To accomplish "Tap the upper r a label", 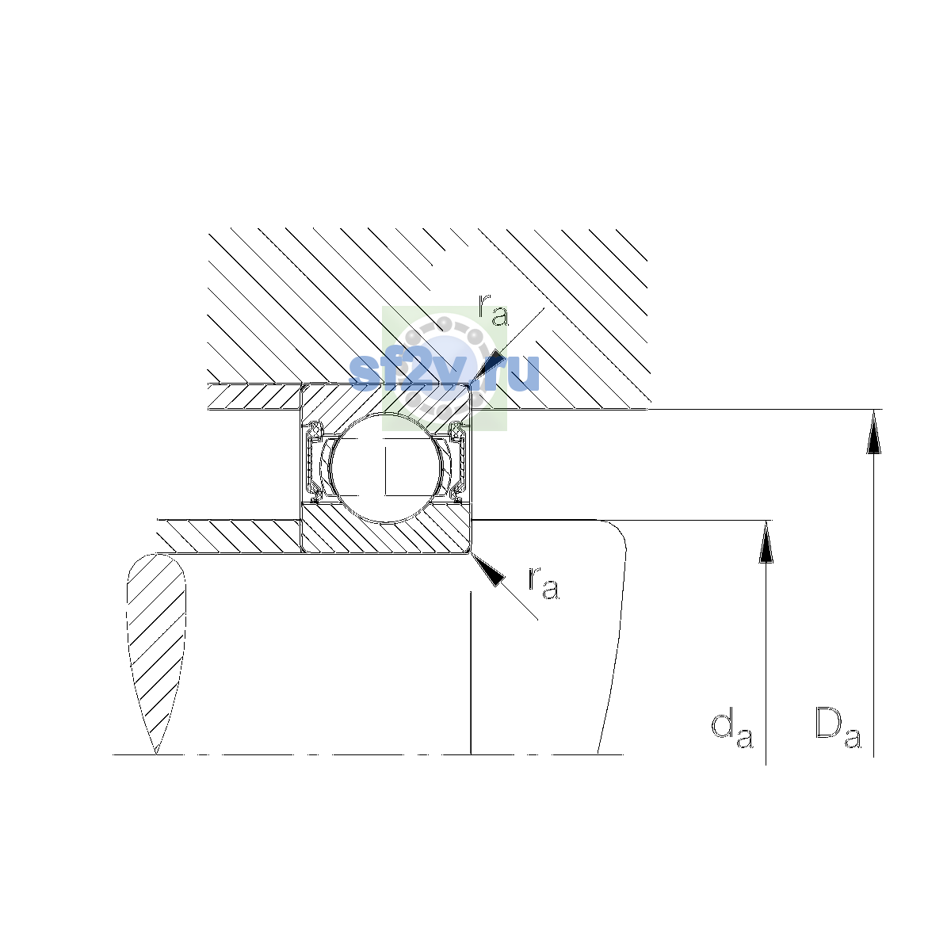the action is pos(493,310).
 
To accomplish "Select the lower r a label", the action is pos(544,584).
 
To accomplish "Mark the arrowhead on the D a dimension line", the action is pos(873,431).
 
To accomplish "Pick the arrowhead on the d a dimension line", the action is pos(766,542).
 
